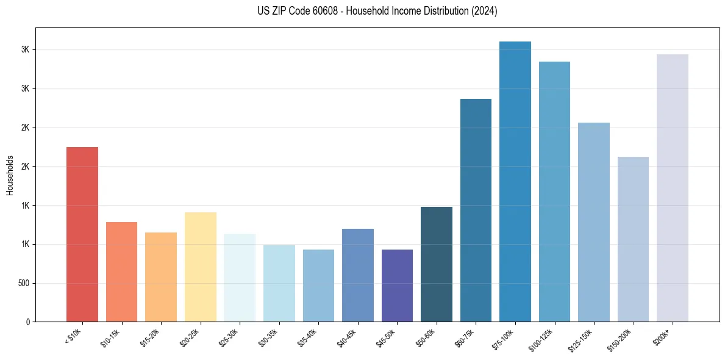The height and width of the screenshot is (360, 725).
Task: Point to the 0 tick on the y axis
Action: (27, 322)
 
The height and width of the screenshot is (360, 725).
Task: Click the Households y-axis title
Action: (10, 175)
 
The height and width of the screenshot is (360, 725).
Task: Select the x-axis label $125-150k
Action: (584, 337)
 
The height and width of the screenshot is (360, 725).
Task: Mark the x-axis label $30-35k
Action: (271, 336)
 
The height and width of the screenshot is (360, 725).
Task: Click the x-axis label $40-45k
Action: (349, 336)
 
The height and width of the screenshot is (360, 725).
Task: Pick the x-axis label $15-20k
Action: (152, 336)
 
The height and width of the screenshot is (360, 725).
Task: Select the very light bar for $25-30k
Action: (240, 278)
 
